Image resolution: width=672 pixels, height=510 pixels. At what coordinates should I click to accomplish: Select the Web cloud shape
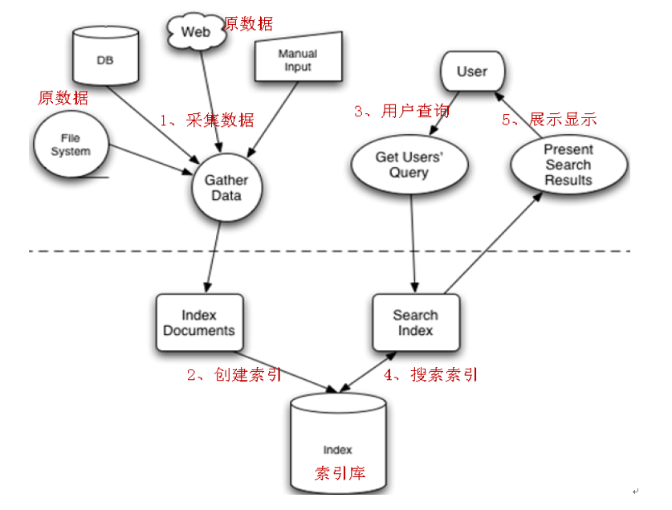(194, 31)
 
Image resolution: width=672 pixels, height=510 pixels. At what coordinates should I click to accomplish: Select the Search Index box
(416, 322)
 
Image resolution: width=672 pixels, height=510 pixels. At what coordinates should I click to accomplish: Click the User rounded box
(472, 72)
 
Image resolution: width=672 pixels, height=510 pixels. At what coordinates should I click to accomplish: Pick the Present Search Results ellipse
(568, 165)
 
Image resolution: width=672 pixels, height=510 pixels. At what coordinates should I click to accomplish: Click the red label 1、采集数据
(206, 120)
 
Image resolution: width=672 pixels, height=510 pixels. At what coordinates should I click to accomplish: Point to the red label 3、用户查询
(401, 111)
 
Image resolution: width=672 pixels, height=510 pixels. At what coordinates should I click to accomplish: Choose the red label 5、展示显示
(550, 120)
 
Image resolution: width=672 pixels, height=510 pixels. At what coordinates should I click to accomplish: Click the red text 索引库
(340, 472)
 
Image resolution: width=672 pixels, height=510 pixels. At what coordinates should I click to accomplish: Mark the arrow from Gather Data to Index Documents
(213, 257)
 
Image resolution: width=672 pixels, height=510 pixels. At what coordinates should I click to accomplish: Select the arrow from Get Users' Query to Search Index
(414, 241)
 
